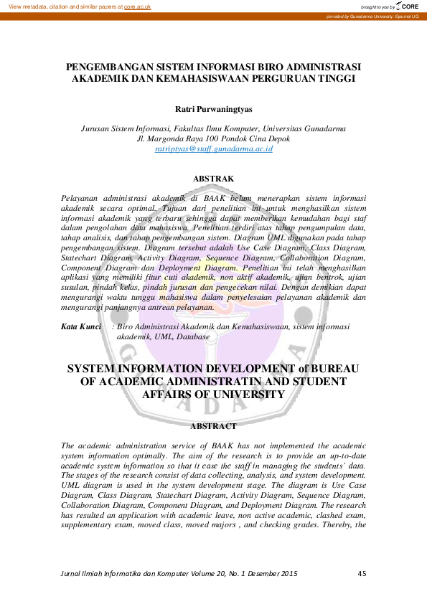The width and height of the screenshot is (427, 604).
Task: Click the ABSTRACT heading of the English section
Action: coord(214,426)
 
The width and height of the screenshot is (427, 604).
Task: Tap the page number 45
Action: coord(362,573)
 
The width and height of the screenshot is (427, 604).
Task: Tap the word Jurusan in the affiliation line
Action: coord(97,128)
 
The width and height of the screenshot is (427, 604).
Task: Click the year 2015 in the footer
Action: coord(287,573)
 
